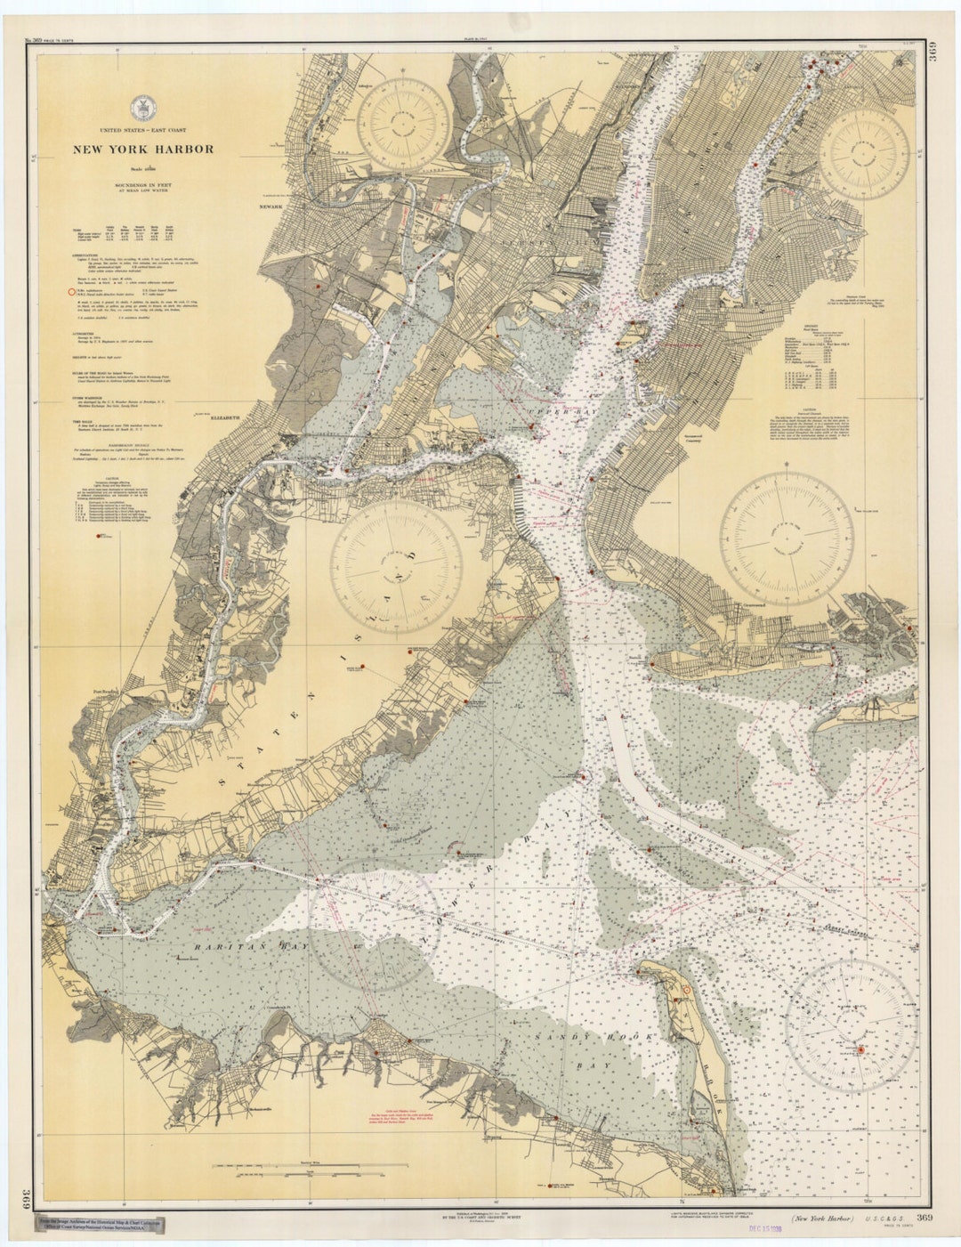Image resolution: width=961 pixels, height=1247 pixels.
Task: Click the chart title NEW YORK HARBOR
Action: (x=143, y=149)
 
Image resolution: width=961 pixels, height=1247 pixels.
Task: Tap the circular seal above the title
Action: (x=141, y=107)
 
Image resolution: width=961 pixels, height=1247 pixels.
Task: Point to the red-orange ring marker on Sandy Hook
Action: (x=685, y=990)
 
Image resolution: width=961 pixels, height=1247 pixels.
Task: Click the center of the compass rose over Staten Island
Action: (x=396, y=564)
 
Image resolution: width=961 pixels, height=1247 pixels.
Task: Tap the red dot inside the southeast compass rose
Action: (x=860, y=1049)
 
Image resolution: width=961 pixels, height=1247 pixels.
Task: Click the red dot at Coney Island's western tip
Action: (x=652, y=663)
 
